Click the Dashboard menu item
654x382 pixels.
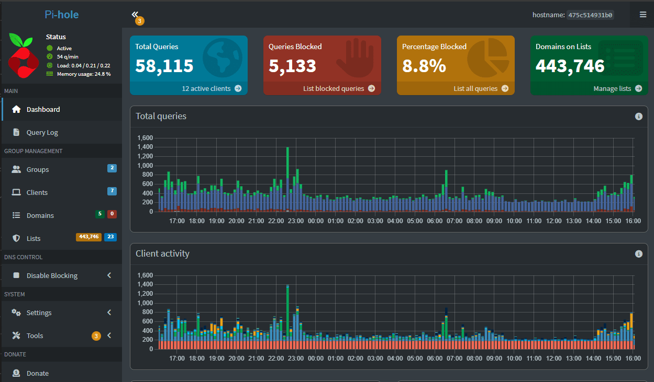(x=43, y=109)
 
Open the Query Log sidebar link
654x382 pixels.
(x=42, y=132)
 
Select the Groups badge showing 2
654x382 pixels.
(x=112, y=168)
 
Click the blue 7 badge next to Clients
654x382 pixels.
(x=112, y=191)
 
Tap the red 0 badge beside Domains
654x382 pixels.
(x=112, y=214)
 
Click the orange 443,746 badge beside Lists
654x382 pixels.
(x=88, y=237)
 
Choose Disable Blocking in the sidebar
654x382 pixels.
(x=52, y=275)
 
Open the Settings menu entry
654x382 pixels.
(x=39, y=312)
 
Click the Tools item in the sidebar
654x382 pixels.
(x=35, y=335)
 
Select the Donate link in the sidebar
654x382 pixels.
(x=37, y=373)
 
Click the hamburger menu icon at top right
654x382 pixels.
(x=642, y=15)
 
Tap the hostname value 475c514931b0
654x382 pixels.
(x=590, y=15)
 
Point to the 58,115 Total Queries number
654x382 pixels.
(x=164, y=66)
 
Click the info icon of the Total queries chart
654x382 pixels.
(x=638, y=117)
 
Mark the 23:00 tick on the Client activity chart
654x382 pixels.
(x=296, y=358)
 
